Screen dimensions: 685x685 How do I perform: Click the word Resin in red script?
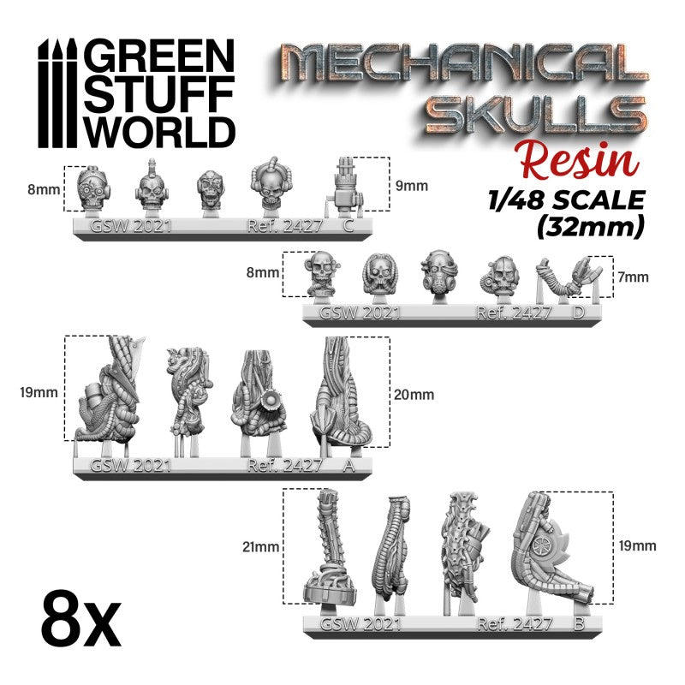(581, 162)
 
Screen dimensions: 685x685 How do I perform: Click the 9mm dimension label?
(414, 186)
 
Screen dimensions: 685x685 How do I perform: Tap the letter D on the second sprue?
(579, 313)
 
